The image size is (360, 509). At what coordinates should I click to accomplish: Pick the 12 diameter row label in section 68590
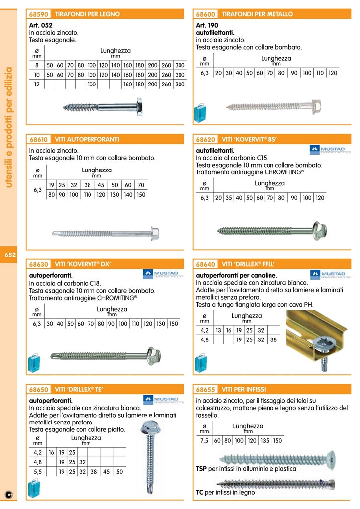36,85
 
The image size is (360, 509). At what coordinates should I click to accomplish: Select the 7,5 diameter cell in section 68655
204,440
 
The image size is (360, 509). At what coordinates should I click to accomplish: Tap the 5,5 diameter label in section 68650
37,472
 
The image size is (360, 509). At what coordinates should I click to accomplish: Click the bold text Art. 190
207,25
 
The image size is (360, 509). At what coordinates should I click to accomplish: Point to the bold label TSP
202,469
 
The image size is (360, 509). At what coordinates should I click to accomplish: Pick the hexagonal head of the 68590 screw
138,107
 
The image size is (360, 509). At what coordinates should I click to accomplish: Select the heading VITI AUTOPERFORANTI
87,139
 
